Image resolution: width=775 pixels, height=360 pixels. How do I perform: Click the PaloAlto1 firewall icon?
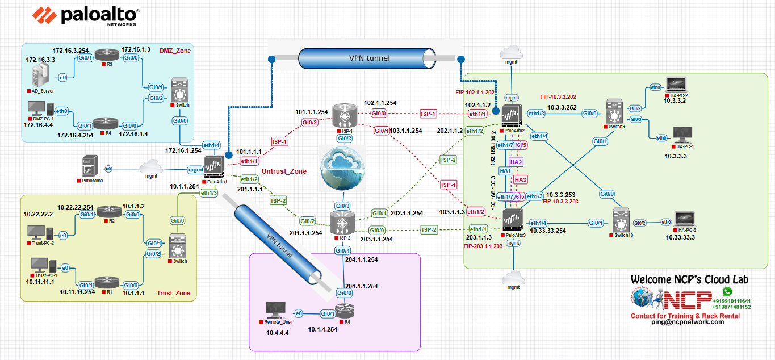pos(215,169)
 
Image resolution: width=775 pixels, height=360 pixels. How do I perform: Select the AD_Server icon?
pos(40,76)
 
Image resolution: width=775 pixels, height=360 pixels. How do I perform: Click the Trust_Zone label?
pos(173,294)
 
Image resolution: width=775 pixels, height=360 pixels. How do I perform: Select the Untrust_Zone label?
pos(284,171)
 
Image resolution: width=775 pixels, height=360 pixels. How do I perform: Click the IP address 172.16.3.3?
pos(40,59)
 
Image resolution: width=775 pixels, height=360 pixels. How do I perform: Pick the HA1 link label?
pos(505,170)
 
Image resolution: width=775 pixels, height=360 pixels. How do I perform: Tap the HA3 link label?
pos(521,179)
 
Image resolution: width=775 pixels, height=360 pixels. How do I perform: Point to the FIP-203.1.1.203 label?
pos(483,246)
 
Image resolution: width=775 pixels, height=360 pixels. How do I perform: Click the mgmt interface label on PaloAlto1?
pos(196,169)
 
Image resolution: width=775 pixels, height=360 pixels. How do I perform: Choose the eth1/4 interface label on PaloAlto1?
pos(211,145)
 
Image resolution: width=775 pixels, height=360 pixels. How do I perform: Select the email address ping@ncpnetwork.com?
pos(687,322)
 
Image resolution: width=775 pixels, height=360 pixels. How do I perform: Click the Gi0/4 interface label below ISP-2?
pos(342,250)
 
